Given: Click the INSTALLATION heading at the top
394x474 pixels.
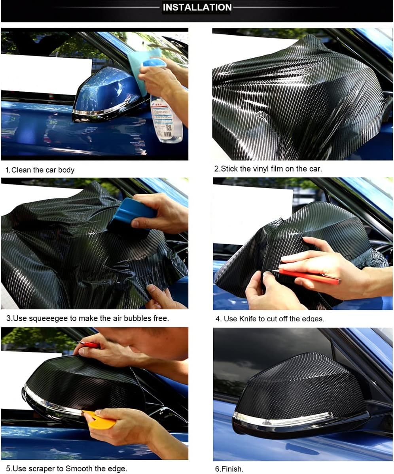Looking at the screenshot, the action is (197, 7).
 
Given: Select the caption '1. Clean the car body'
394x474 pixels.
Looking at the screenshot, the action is (40, 170).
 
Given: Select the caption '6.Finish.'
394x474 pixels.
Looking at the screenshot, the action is (229, 469).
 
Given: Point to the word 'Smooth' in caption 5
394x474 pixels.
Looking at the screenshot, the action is (79, 468).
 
